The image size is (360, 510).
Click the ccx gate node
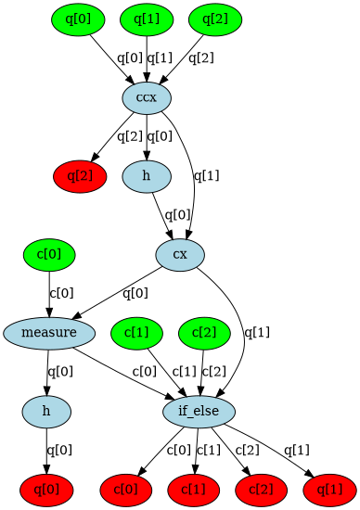pyautogui.click(x=146, y=97)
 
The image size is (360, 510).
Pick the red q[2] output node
pyautogui.click(x=78, y=175)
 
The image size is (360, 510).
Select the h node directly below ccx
pyautogui.click(x=146, y=175)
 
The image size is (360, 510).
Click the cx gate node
pyautogui.click(x=180, y=253)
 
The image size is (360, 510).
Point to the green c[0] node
pyautogui.click(x=49, y=253)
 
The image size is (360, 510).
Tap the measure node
pyautogui.click(x=49, y=331)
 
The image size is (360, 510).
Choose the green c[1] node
pyautogui.click(x=136, y=331)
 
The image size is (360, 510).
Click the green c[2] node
pyautogui.click(x=204, y=331)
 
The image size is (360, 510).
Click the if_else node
pyautogui.click(x=199, y=409)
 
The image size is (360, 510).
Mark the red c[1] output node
pyautogui.click(x=193, y=487)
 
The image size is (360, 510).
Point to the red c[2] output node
pyautogui.click(x=261, y=487)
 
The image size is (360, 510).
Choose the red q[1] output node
pyautogui.click(x=329, y=487)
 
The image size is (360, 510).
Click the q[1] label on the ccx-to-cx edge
pyautogui.click(x=206, y=174)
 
